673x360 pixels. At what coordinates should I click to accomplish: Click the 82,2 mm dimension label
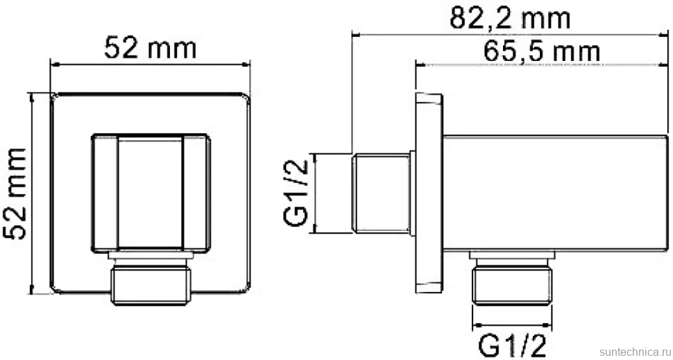tap(510, 19)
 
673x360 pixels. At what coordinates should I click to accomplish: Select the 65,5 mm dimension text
tap(542, 52)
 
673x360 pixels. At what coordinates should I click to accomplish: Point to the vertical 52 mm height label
tap(15, 194)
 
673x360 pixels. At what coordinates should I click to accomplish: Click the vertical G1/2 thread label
tap(296, 193)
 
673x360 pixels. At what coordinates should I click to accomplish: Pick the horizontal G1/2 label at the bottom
tap(512, 346)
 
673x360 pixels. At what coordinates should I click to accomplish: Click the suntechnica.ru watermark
tap(633, 352)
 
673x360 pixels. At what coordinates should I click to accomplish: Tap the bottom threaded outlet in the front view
tap(151, 285)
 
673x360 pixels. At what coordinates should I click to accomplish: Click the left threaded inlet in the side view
tap(381, 194)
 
